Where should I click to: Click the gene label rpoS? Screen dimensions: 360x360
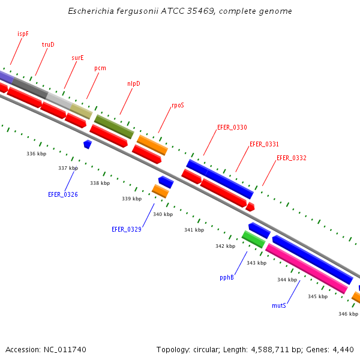pos(178,105)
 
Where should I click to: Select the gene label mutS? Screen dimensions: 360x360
pos(278,305)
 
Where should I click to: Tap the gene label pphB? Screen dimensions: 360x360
pos(227,278)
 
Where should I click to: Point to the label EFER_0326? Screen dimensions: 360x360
pos(63,194)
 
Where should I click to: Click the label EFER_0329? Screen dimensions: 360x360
pos(127,229)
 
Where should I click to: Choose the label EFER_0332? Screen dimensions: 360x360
pos(292,158)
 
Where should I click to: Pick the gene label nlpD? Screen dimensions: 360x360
pos(133,83)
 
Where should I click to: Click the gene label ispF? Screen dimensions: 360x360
pos(23,34)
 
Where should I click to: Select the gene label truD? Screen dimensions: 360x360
pos(48,45)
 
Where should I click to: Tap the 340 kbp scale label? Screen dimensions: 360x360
pos(163,214)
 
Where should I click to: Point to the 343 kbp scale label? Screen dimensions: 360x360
pos(256,263)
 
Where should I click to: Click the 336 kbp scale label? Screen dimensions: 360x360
pos(37,154)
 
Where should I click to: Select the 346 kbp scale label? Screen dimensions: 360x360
pos(348,314)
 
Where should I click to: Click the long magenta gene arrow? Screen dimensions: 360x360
pos(306,268)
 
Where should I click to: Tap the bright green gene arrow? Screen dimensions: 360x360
pos(253,239)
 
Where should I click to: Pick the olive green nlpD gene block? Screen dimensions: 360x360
pos(114,127)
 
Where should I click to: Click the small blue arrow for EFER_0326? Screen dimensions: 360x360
pos(88,144)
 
